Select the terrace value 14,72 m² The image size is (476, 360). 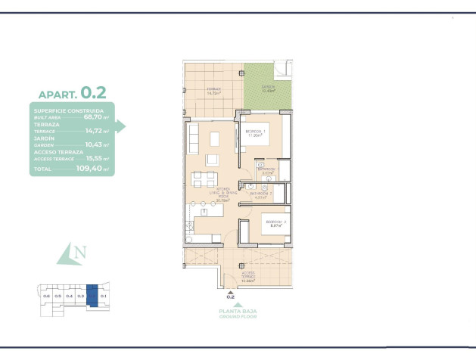click(x=96, y=131)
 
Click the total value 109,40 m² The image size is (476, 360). click(x=95, y=170)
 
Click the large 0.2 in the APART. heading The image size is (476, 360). click(x=93, y=92)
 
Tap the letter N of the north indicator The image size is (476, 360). click(x=80, y=252)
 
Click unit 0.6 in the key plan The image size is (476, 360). click(x=46, y=296)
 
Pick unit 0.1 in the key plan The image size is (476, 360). click(x=103, y=296)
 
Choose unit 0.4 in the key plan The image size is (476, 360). click(x=69, y=296)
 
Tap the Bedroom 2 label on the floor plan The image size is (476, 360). click(x=272, y=223)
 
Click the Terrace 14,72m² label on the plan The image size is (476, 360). click(x=214, y=91)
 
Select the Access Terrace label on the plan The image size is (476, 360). click(x=248, y=276)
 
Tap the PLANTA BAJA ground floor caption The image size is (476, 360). click(x=230, y=313)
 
